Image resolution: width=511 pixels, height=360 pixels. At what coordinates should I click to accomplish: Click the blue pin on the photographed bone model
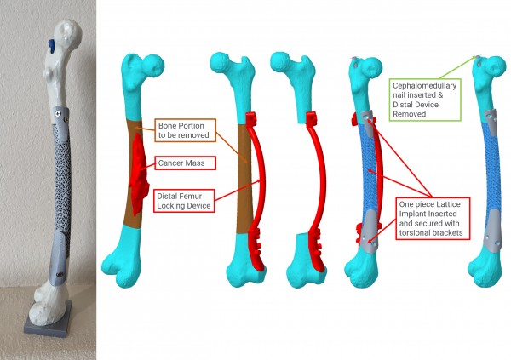tap(51, 45)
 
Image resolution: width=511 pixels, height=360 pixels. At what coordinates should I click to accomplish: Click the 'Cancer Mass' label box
tap(186, 163)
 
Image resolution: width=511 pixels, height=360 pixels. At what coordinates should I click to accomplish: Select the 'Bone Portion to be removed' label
tap(185, 130)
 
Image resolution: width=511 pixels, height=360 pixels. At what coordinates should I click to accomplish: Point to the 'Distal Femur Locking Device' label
tap(184, 201)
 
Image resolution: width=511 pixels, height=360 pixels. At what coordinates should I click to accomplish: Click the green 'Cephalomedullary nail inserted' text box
tap(425, 100)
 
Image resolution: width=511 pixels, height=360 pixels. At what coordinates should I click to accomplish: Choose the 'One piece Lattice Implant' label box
tap(433, 219)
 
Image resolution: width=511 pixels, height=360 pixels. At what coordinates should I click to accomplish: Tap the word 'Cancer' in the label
tap(169, 163)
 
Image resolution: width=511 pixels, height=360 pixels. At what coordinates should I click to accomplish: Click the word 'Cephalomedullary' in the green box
tap(424, 86)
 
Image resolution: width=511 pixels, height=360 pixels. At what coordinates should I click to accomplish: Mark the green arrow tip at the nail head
tap(476, 57)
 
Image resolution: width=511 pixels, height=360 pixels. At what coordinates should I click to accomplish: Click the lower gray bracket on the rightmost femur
tap(493, 231)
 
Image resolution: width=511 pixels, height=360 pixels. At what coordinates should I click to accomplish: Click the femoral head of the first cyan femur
tap(154, 66)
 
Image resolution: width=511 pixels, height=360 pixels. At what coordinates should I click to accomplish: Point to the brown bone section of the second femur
tap(244, 179)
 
